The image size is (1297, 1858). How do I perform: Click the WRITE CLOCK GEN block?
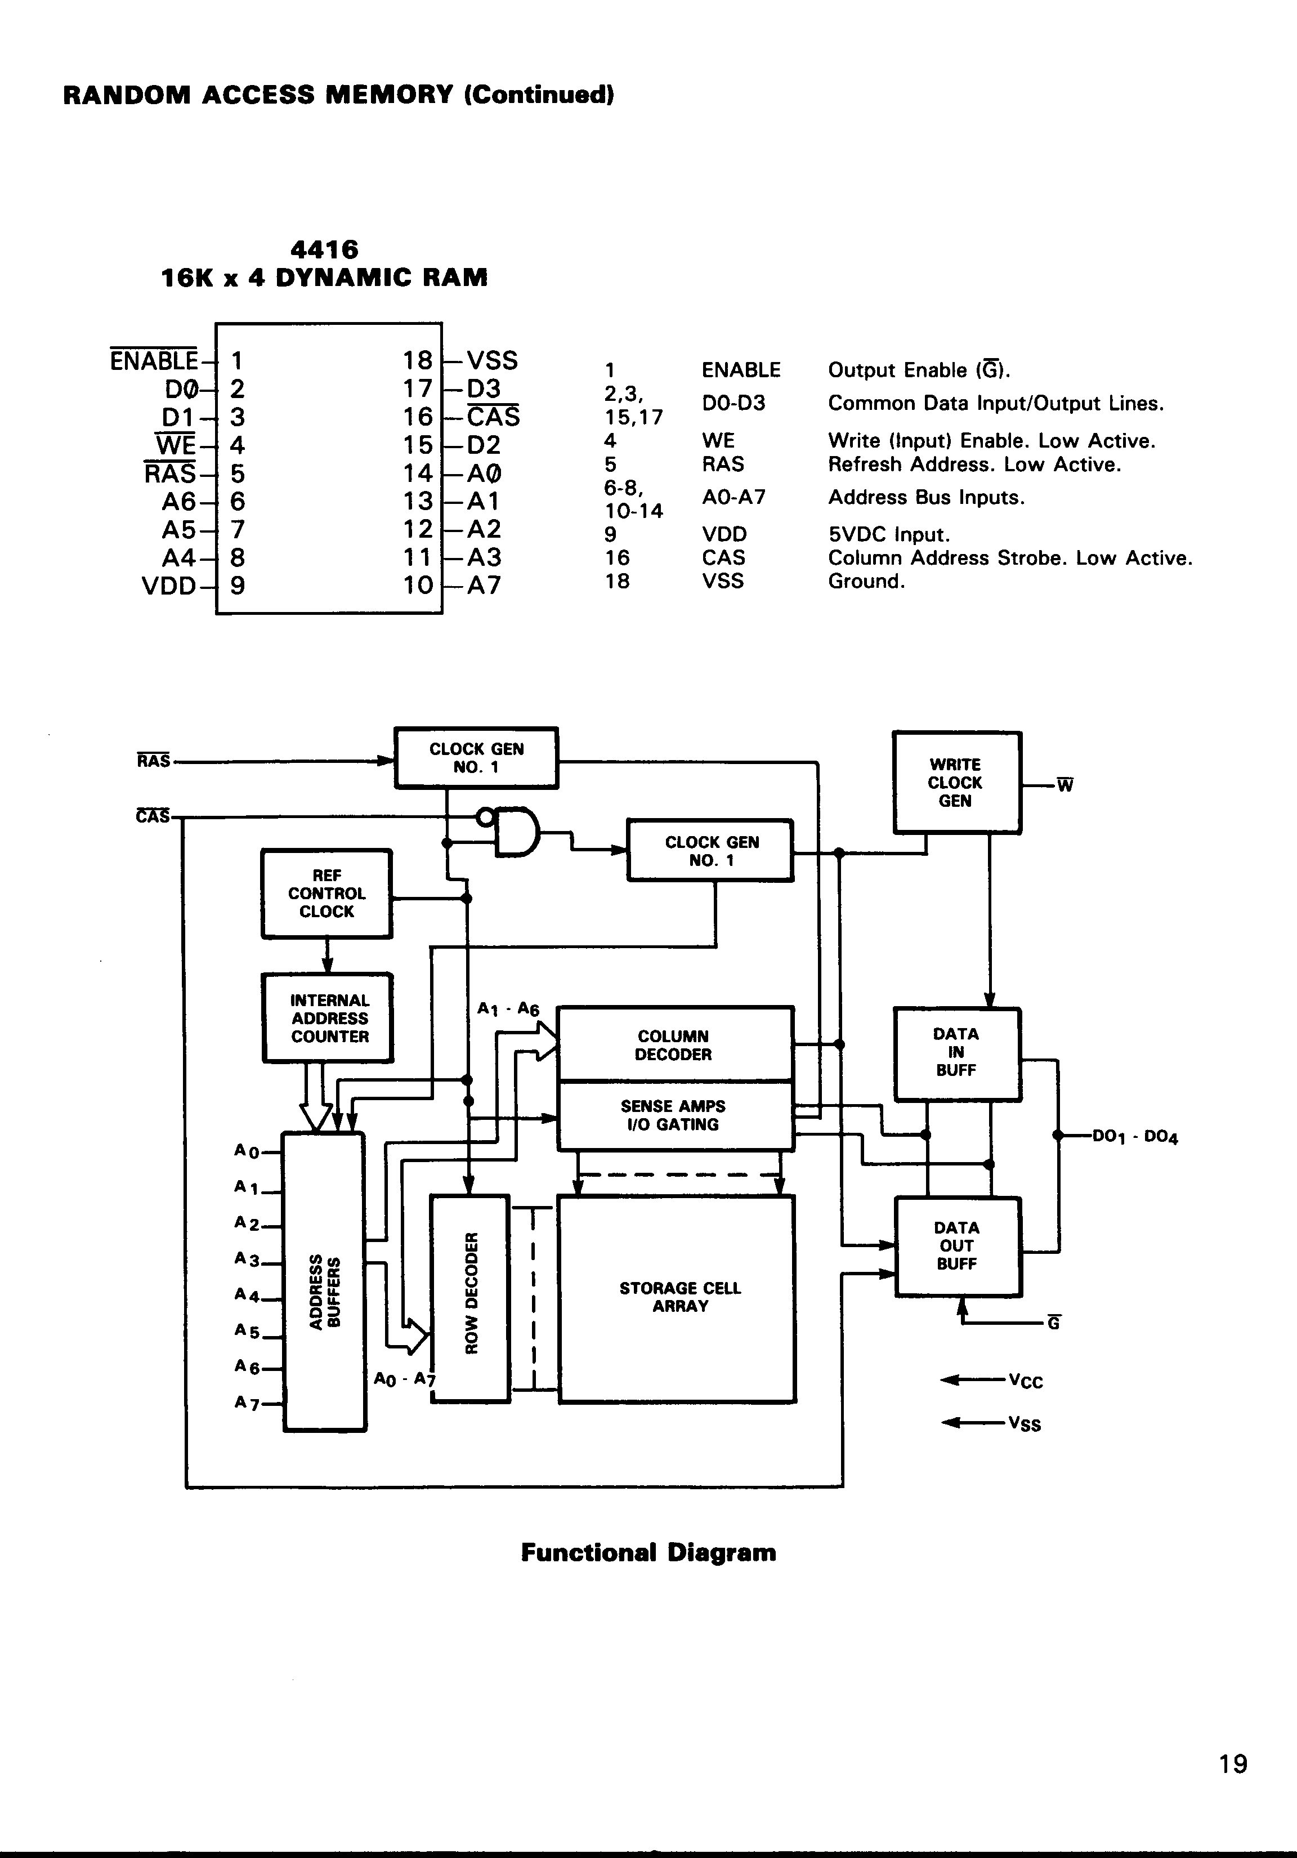click(956, 783)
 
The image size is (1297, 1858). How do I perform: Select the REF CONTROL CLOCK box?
click(327, 894)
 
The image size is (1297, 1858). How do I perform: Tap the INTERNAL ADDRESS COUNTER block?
click(329, 1018)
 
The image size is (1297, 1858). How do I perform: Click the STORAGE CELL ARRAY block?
click(678, 1297)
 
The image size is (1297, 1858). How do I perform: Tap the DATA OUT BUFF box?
click(957, 1245)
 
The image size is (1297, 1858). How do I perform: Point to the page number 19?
click(1233, 1763)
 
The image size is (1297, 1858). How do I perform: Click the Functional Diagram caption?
click(648, 1552)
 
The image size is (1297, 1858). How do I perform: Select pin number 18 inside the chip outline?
click(418, 360)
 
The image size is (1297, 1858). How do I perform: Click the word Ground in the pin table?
click(865, 581)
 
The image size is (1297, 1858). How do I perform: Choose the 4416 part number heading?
click(324, 249)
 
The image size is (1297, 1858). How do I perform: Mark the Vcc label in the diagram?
click(1026, 1381)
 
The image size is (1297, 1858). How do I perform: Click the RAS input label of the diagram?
click(154, 761)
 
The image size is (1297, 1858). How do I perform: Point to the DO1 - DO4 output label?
click(1134, 1136)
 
